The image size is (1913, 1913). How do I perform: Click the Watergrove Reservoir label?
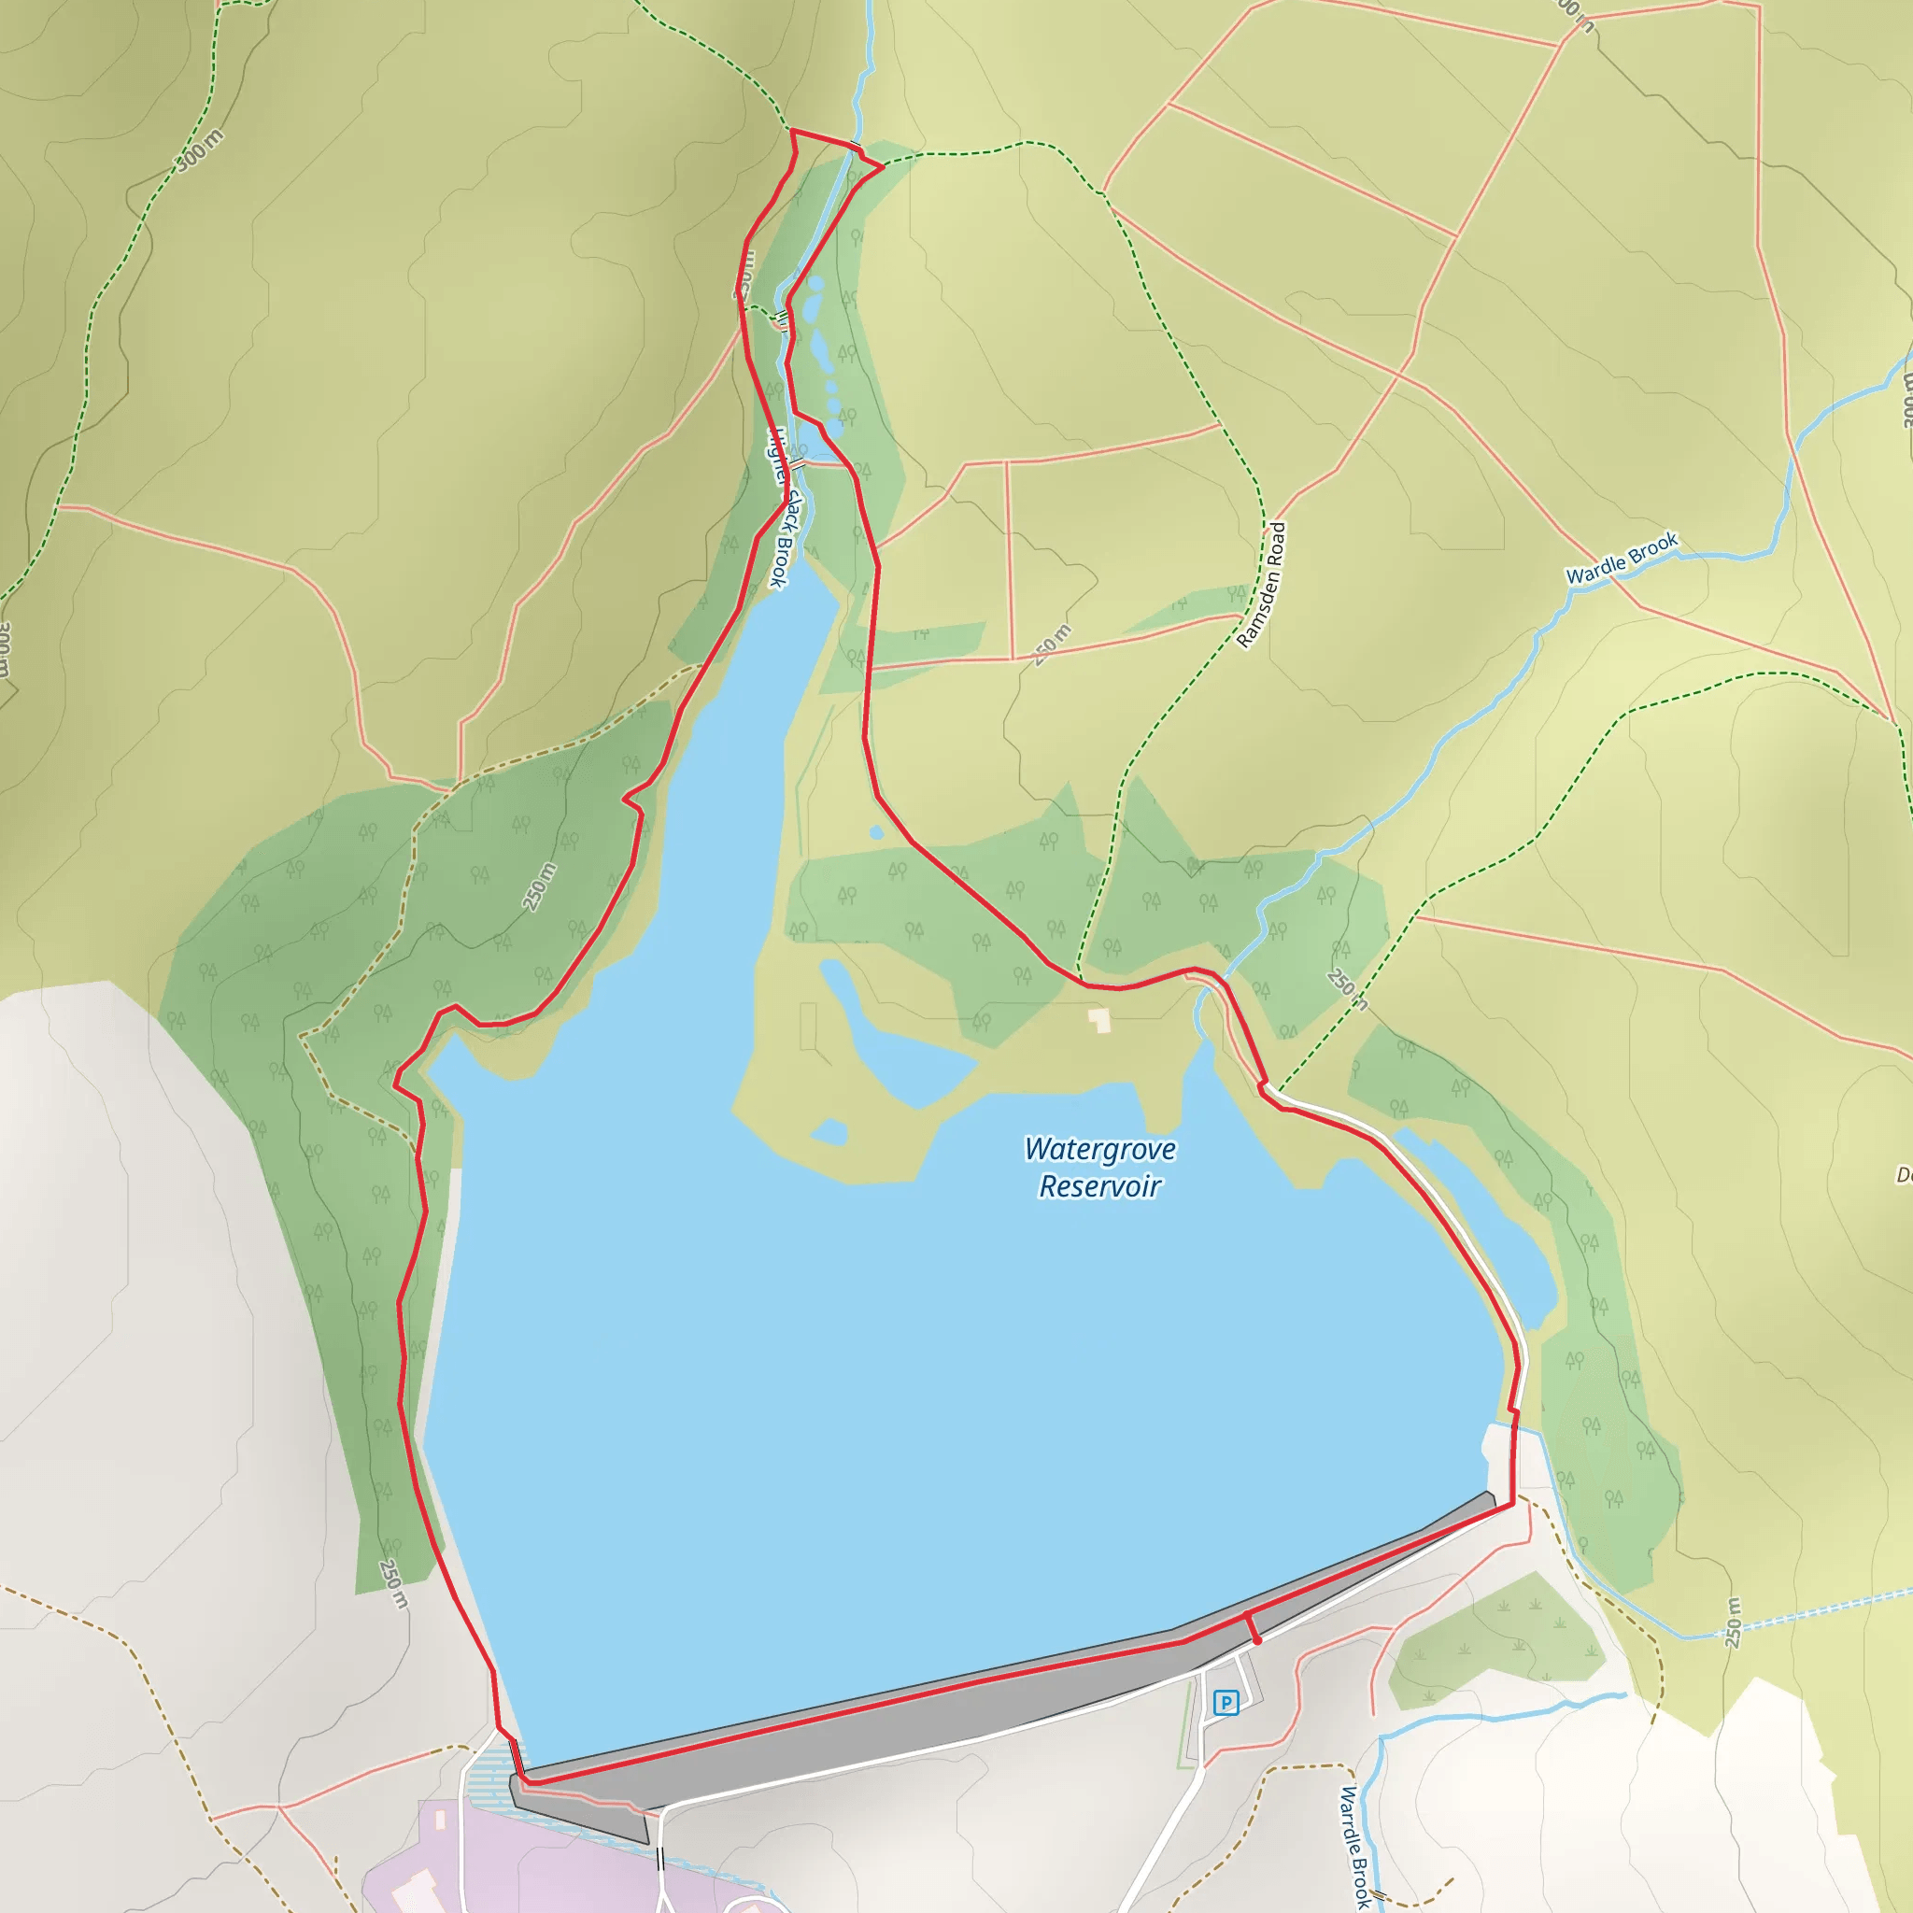pyautogui.click(x=1099, y=1168)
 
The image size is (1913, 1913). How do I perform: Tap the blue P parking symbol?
pyautogui.click(x=1226, y=1702)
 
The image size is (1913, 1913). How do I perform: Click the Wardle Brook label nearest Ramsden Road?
pyautogui.click(x=1621, y=558)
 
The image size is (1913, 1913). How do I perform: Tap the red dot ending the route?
pyautogui.click(x=1256, y=1640)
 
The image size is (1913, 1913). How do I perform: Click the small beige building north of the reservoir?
pyautogui.click(x=1099, y=1020)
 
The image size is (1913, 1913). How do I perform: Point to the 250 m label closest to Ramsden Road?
pyautogui.click(x=1053, y=645)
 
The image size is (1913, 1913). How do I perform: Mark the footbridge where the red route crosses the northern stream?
pyautogui.click(x=856, y=146)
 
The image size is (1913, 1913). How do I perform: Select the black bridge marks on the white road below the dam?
pyautogui.click(x=660, y=1863)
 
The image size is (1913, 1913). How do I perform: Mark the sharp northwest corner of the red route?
pyautogui.click(x=792, y=131)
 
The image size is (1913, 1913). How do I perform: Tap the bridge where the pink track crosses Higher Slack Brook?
pyautogui.click(x=798, y=462)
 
